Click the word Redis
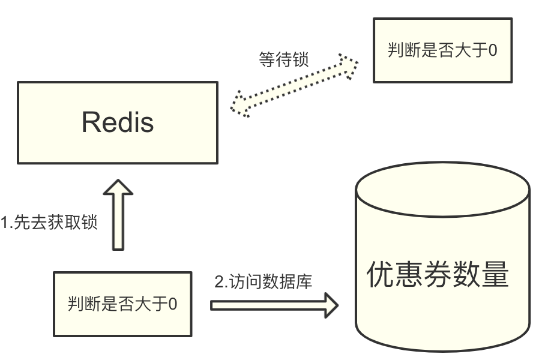click(x=118, y=122)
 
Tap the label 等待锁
click(x=284, y=60)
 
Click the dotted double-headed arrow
click(x=294, y=85)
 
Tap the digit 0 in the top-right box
click(x=492, y=50)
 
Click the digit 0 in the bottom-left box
click(x=173, y=304)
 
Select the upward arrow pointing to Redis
click(x=118, y=216)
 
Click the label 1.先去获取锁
click(x=48, y=223)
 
